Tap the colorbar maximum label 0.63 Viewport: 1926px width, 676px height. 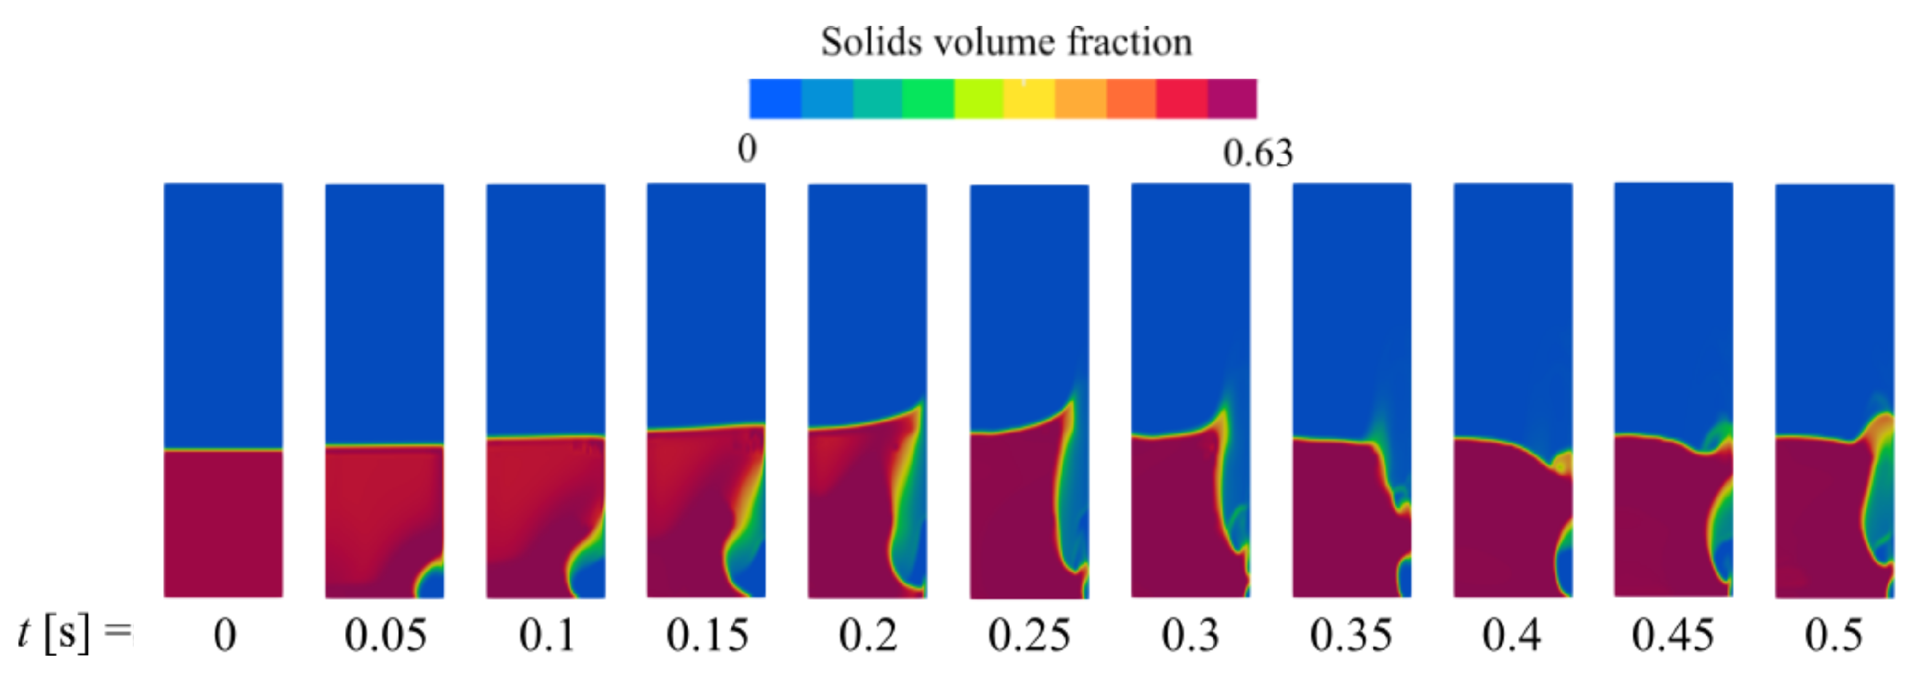(x=1258, y=154)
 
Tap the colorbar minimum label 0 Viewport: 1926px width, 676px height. (x=747, y=150)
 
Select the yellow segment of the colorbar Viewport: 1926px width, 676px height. (x=1029, y=99)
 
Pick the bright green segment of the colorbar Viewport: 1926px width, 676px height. (x=928, y=99)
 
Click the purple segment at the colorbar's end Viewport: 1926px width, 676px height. (x=1232, y=99)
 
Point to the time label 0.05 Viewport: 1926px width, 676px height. (x=385, y=635)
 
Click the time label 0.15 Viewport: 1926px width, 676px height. (x=706, y=635)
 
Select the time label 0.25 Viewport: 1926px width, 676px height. (x=1029, y=635)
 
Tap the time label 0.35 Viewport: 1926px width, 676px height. (x=1351, y=635)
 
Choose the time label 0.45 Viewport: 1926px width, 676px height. (x=1672, y=635)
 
